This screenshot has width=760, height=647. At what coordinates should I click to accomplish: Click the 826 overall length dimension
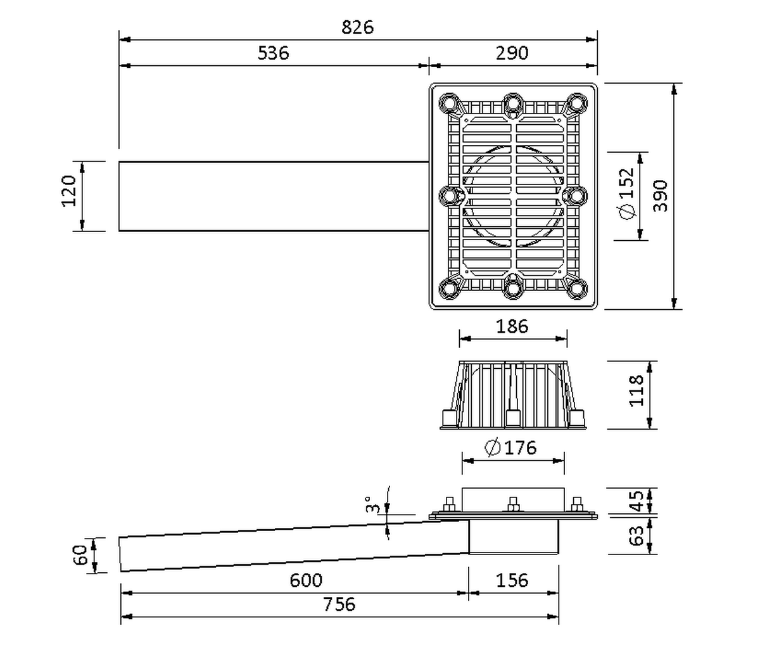point(357,28)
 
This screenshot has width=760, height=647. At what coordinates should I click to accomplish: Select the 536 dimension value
point(273,53)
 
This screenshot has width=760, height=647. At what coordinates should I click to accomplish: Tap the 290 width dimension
point(512,53)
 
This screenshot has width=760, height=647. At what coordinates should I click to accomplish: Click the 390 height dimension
point(661,196)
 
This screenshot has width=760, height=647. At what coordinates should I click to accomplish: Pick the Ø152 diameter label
point(627,194)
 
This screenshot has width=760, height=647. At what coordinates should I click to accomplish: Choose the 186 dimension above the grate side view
point(512,326)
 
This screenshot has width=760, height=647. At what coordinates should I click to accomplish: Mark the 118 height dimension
point(636,390)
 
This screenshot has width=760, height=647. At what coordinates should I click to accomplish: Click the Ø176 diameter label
point(510,447)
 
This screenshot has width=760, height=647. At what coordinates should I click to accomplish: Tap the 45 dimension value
point(636,501)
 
